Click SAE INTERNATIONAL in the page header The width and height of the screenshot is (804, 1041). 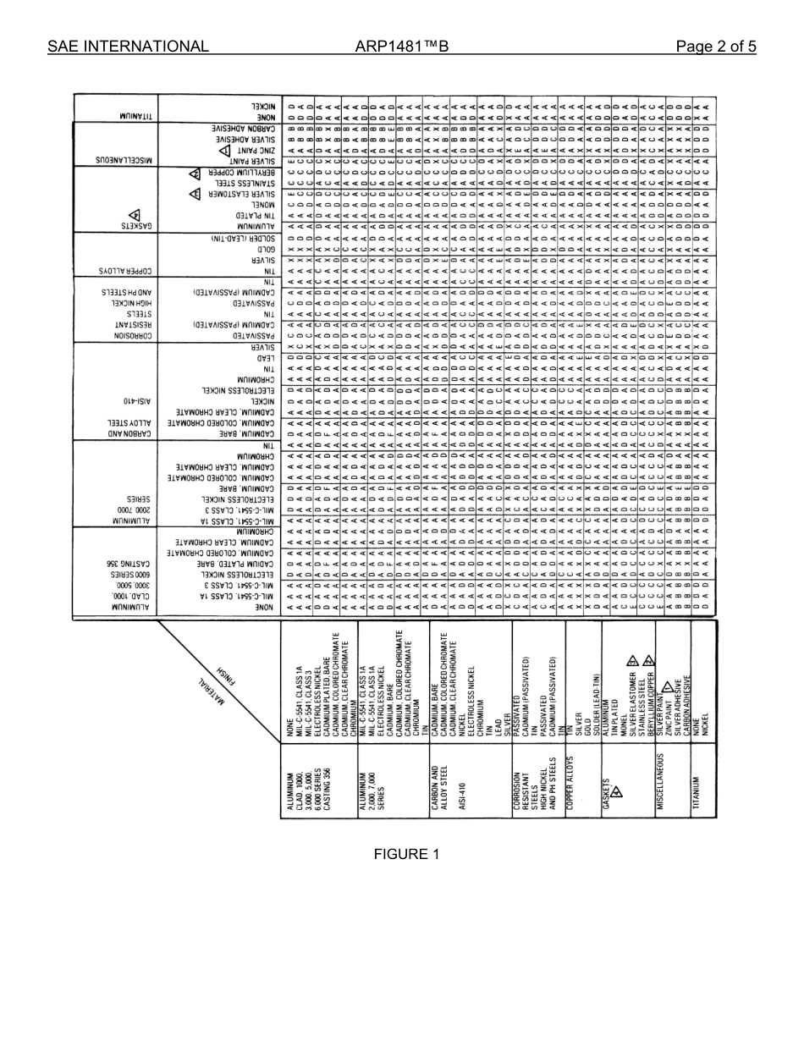[128, 47]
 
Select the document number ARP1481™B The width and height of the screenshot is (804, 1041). [402, 47]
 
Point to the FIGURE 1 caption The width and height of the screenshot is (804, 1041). [406, 854]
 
